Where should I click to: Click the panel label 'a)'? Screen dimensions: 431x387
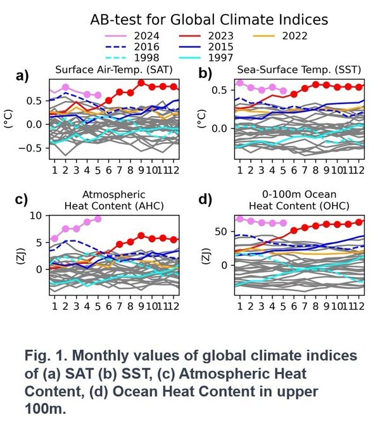coord(23,77)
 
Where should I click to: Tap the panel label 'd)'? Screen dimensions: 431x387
coord(206,200)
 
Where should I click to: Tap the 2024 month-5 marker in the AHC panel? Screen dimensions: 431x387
coord(98,219)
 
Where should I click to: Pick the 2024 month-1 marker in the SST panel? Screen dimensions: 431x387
coord(239,83)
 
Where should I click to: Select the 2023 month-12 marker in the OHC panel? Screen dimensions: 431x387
coord(359,222)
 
